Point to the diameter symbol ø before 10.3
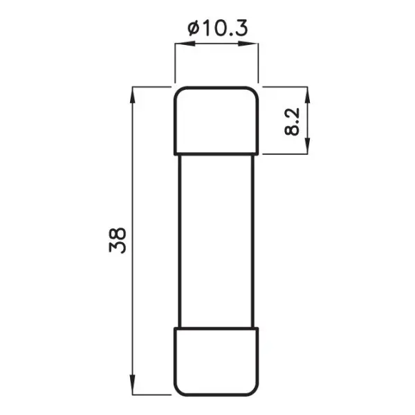193,28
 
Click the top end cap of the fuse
216,119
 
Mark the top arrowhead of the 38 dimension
131,93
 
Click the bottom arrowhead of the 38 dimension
131,389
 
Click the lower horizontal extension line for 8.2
287,153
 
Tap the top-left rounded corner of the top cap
177,91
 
